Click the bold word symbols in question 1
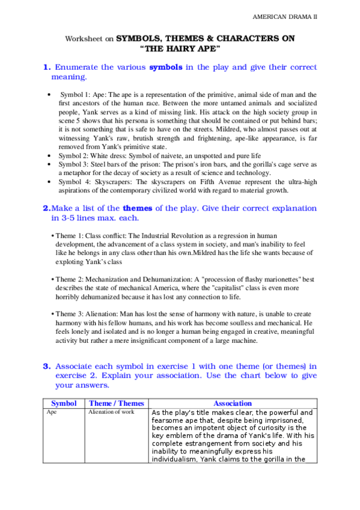tap(165, 67)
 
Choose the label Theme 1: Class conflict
tap(89, 236)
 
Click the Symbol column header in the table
tap(64, 404)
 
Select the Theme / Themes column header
tap(117, 404)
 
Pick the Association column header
tap(232, 404)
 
